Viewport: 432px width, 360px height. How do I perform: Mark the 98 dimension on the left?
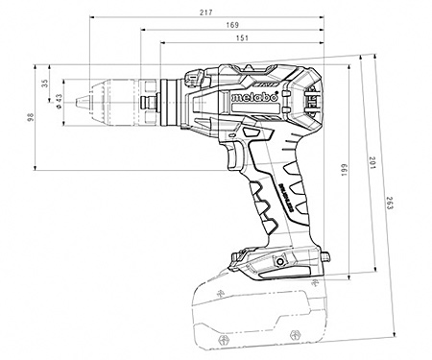32,117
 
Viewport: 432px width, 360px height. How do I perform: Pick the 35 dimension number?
45,84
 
